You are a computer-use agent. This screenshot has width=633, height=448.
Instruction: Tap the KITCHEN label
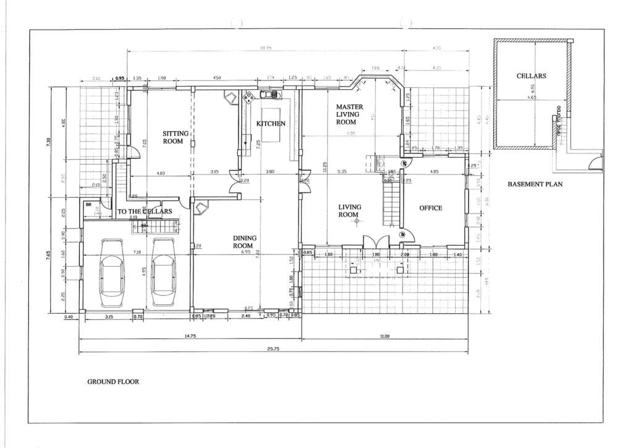271,124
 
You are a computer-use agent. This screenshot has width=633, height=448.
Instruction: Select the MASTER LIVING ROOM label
349,114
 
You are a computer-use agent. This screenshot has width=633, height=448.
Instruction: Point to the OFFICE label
431,208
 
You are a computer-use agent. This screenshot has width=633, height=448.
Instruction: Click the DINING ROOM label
245,241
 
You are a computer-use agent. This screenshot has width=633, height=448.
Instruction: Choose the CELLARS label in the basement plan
531,76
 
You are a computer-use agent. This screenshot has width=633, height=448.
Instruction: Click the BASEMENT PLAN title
535,184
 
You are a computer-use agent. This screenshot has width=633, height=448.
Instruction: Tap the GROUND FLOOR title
113,382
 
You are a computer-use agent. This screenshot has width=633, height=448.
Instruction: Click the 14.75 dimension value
190,335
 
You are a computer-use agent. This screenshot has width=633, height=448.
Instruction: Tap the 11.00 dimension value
384,335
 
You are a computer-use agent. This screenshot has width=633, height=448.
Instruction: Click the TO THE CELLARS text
145,212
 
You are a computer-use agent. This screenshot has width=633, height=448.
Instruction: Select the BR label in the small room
88,204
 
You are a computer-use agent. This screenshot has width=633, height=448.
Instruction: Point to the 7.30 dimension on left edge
49,142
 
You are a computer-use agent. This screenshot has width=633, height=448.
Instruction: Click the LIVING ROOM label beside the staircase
349,211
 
